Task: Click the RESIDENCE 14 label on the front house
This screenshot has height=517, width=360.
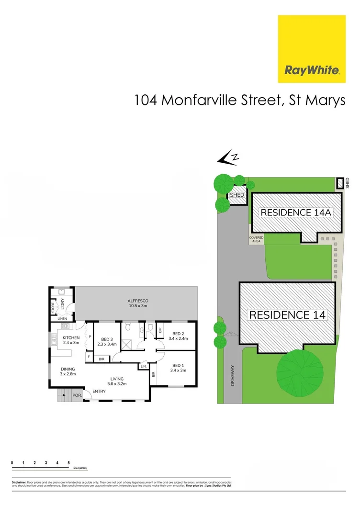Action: coord(287,315)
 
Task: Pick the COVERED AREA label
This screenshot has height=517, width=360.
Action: coord(255,239)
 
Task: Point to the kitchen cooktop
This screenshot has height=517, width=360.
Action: coord(66,327)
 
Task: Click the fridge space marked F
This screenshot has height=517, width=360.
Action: coord(89,357)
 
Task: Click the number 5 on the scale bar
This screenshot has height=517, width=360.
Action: coord(69,463)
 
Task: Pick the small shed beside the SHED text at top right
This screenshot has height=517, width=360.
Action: coord(340,183)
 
